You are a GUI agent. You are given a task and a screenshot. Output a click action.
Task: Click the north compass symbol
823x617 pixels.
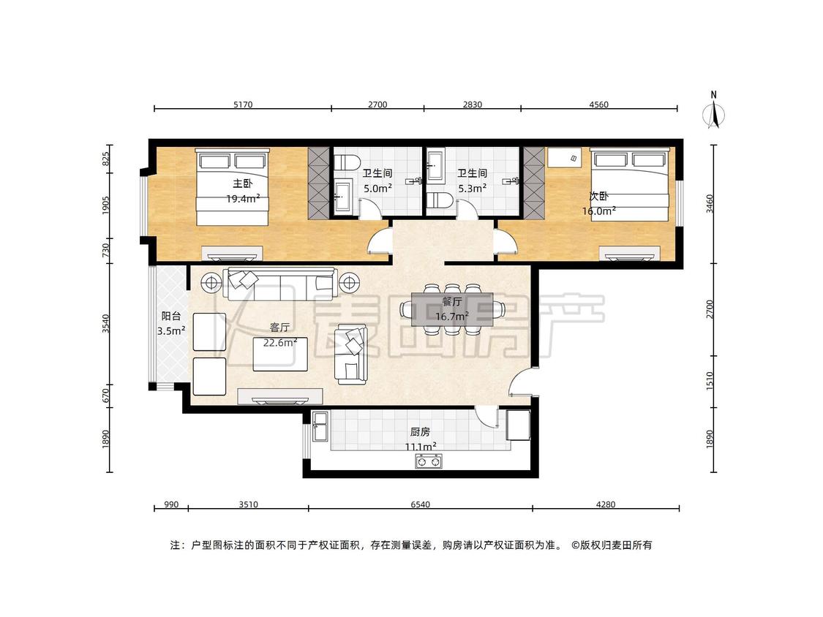pyautogui.click(x=714, y=111)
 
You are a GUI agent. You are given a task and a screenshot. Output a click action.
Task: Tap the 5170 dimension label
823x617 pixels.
pyautogui.click(x=242, y=105)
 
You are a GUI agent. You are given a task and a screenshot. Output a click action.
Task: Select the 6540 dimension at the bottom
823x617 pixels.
pyautogui.click(x=420, y=504)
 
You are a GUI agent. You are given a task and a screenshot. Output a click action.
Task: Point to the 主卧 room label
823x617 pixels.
pyautogui.click(x=242, y=183)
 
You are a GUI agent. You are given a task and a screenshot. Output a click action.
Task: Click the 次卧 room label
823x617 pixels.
pyautogui.click(x=598, y=196)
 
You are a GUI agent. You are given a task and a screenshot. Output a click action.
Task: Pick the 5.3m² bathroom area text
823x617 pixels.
pyautogui.click(x=472, y=188)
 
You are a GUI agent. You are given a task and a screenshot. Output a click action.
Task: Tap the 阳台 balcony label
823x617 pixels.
pyautogui.click(x=171, y=316)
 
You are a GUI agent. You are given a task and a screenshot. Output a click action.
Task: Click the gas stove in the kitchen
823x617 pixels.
pyautogui.click(x=429, y=462)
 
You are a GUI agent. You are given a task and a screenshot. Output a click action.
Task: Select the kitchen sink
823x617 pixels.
pyautogui.click(x=320, y=426)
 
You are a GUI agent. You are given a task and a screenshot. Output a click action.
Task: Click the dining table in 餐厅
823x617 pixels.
pyautogui.click(x=452, y=308)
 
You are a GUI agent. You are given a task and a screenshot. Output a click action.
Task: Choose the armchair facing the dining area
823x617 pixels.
pyautogui.click(x=351, y=354)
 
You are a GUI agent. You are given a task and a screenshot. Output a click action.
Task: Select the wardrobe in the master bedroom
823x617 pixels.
pyautogui.click(x=318, y=183)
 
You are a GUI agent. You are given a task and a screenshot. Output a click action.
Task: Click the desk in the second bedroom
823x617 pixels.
pyautogui.click(x=565, y=157)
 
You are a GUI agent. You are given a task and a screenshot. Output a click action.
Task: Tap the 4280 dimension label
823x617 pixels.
pyautogui.click(x=606, y=504)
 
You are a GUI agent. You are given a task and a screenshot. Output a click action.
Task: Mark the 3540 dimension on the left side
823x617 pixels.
pyautogui.click(x=106, y=323)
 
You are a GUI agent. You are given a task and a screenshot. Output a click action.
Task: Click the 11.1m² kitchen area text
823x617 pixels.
pyautogui.click(x=421, y=447)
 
